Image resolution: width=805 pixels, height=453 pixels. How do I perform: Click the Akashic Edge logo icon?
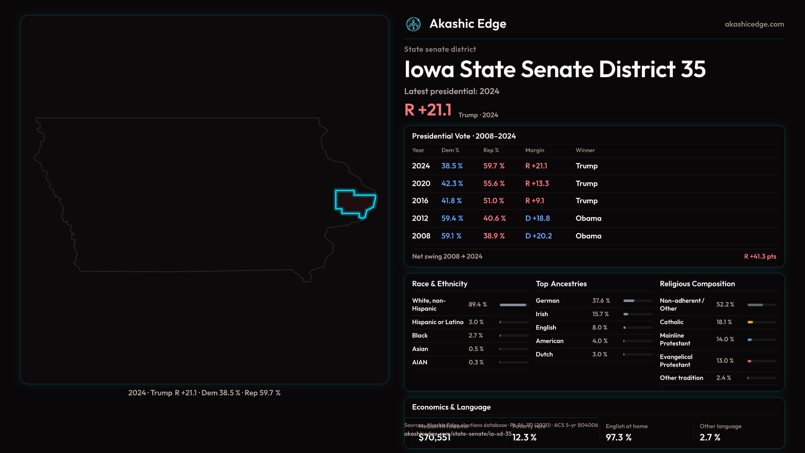click(x=413, y=24)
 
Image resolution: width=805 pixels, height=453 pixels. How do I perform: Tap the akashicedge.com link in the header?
click(x=754, y=24)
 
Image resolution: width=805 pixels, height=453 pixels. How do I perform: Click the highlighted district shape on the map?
click(x=354, y=203)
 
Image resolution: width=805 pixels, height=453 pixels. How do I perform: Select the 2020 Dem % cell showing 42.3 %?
click(x=452, y=183)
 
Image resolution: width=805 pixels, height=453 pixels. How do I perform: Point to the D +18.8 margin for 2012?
click(x=538, y=218)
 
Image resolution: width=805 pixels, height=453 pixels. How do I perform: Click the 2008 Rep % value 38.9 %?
click(x=494, y=236)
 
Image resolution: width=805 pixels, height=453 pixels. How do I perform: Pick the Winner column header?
click(x=585, y=150)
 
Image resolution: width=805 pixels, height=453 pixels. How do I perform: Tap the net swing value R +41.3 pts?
click(x=760, y=256)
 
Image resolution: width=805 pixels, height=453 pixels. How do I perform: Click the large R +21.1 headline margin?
click(x=428, y=110)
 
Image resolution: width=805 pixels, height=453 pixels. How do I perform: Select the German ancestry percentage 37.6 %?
click(x=601, y=301)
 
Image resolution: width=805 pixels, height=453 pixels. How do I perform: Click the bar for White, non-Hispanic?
click(x=513, y=305)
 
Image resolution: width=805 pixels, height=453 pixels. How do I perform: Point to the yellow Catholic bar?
click(x=750, y=322)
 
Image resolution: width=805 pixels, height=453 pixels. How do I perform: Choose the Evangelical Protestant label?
click(x=676, y=361)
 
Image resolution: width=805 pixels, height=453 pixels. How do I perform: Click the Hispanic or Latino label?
click(x=437, y=322)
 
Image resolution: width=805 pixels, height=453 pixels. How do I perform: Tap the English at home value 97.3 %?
click(x=618, y=437)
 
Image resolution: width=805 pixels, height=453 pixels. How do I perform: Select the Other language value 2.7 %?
click(x=710, y=437)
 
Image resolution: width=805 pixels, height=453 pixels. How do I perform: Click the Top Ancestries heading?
click(x=561, y=284)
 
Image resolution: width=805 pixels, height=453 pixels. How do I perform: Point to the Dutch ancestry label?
click(x=544, y=354)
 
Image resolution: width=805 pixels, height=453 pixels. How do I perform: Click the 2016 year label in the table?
click(x=420, y=200)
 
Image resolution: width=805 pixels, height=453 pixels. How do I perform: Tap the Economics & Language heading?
click(x=451, y=407)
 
